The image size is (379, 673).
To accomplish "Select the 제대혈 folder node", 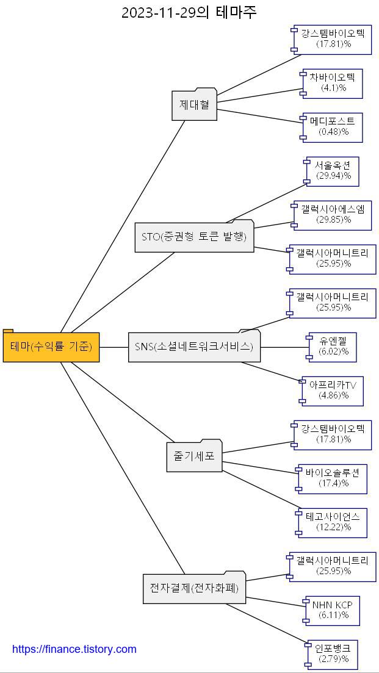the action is tap(194, 105).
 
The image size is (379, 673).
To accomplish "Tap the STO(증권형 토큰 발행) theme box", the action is tap(194, 237).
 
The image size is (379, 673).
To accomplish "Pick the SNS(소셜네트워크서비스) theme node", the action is tap(194, 347).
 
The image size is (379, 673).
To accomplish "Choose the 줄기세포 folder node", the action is tap(194, 456).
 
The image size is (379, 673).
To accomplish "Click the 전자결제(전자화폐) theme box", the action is tap(194, 588).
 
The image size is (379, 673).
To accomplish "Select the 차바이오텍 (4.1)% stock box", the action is tap(333, 84).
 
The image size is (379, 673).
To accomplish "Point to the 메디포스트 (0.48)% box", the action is tap(333, 128).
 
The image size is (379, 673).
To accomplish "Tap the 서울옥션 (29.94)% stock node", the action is tap(333, 171).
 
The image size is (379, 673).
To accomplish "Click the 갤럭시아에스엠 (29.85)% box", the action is tap(333, 215).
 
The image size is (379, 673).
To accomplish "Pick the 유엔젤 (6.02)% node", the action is tap(333, 347).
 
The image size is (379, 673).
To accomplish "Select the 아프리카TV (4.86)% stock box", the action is tap(333, 391).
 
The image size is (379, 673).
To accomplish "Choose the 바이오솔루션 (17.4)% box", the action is tap(333, 479).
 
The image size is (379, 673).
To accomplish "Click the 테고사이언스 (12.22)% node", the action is tap(333, 523).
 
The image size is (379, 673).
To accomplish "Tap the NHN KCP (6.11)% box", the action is tap(333, 611).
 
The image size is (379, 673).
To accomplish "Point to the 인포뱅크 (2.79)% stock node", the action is tap(333, 655).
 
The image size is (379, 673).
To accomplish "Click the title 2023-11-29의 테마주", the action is tap(189, 13).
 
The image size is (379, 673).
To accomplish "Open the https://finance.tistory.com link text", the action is tap(74, 649).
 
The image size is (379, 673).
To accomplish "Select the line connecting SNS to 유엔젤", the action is tap(284, 347).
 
